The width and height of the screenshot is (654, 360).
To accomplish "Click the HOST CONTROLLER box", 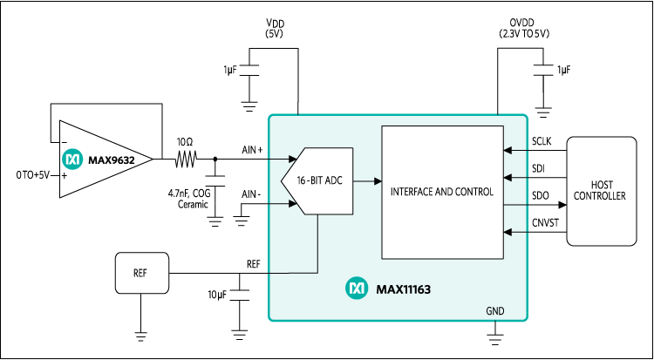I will click(602, 191).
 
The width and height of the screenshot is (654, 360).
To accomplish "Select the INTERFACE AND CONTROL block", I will click(442, 191).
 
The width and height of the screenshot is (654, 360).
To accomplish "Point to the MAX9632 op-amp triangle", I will click(100, 159).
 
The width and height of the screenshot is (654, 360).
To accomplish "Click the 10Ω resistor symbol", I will click(185, 159).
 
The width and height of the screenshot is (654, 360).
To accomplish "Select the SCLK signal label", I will click(542, 141).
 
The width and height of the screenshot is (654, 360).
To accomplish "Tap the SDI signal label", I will click(538, 167).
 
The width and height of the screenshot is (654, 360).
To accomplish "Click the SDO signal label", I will click(539, 195).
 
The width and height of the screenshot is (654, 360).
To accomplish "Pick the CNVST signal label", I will click(544, 224).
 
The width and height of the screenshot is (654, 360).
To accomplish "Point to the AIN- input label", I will click(251, 194).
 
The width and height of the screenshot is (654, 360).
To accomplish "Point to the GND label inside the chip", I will click(494, 311).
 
